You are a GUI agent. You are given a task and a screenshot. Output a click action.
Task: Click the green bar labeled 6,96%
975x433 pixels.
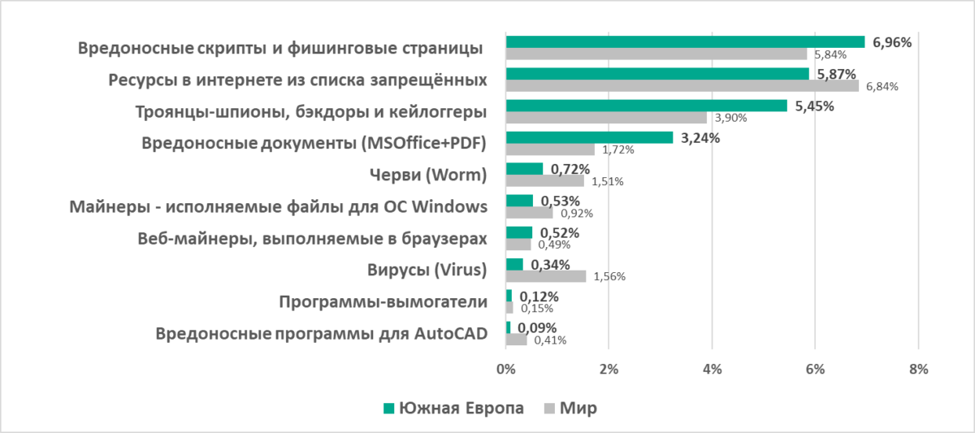[x=685, y=42]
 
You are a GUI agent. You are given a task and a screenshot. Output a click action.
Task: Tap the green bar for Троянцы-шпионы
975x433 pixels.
[x=646, y=106]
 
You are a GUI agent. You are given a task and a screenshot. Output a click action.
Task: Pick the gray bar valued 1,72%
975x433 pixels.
[x=550, y=149]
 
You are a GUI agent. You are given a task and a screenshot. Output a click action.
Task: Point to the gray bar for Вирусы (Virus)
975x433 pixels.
[x=545, y=276]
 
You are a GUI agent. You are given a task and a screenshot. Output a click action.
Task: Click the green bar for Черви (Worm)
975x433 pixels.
[x=524, y=169]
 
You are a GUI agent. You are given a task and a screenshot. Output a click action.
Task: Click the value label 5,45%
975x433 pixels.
[x=815, y=106]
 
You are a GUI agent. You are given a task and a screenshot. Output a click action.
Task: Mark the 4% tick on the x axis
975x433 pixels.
[x=712, y=369]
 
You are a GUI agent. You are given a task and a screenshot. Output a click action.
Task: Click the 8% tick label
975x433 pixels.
[x=918, y=369]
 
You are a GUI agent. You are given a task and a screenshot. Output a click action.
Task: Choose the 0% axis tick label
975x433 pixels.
[x=505, y=369]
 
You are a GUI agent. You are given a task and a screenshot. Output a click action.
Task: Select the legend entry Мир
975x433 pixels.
[x=578, y=408]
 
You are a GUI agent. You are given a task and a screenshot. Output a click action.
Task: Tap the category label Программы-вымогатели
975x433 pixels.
[x=383, y=302]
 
